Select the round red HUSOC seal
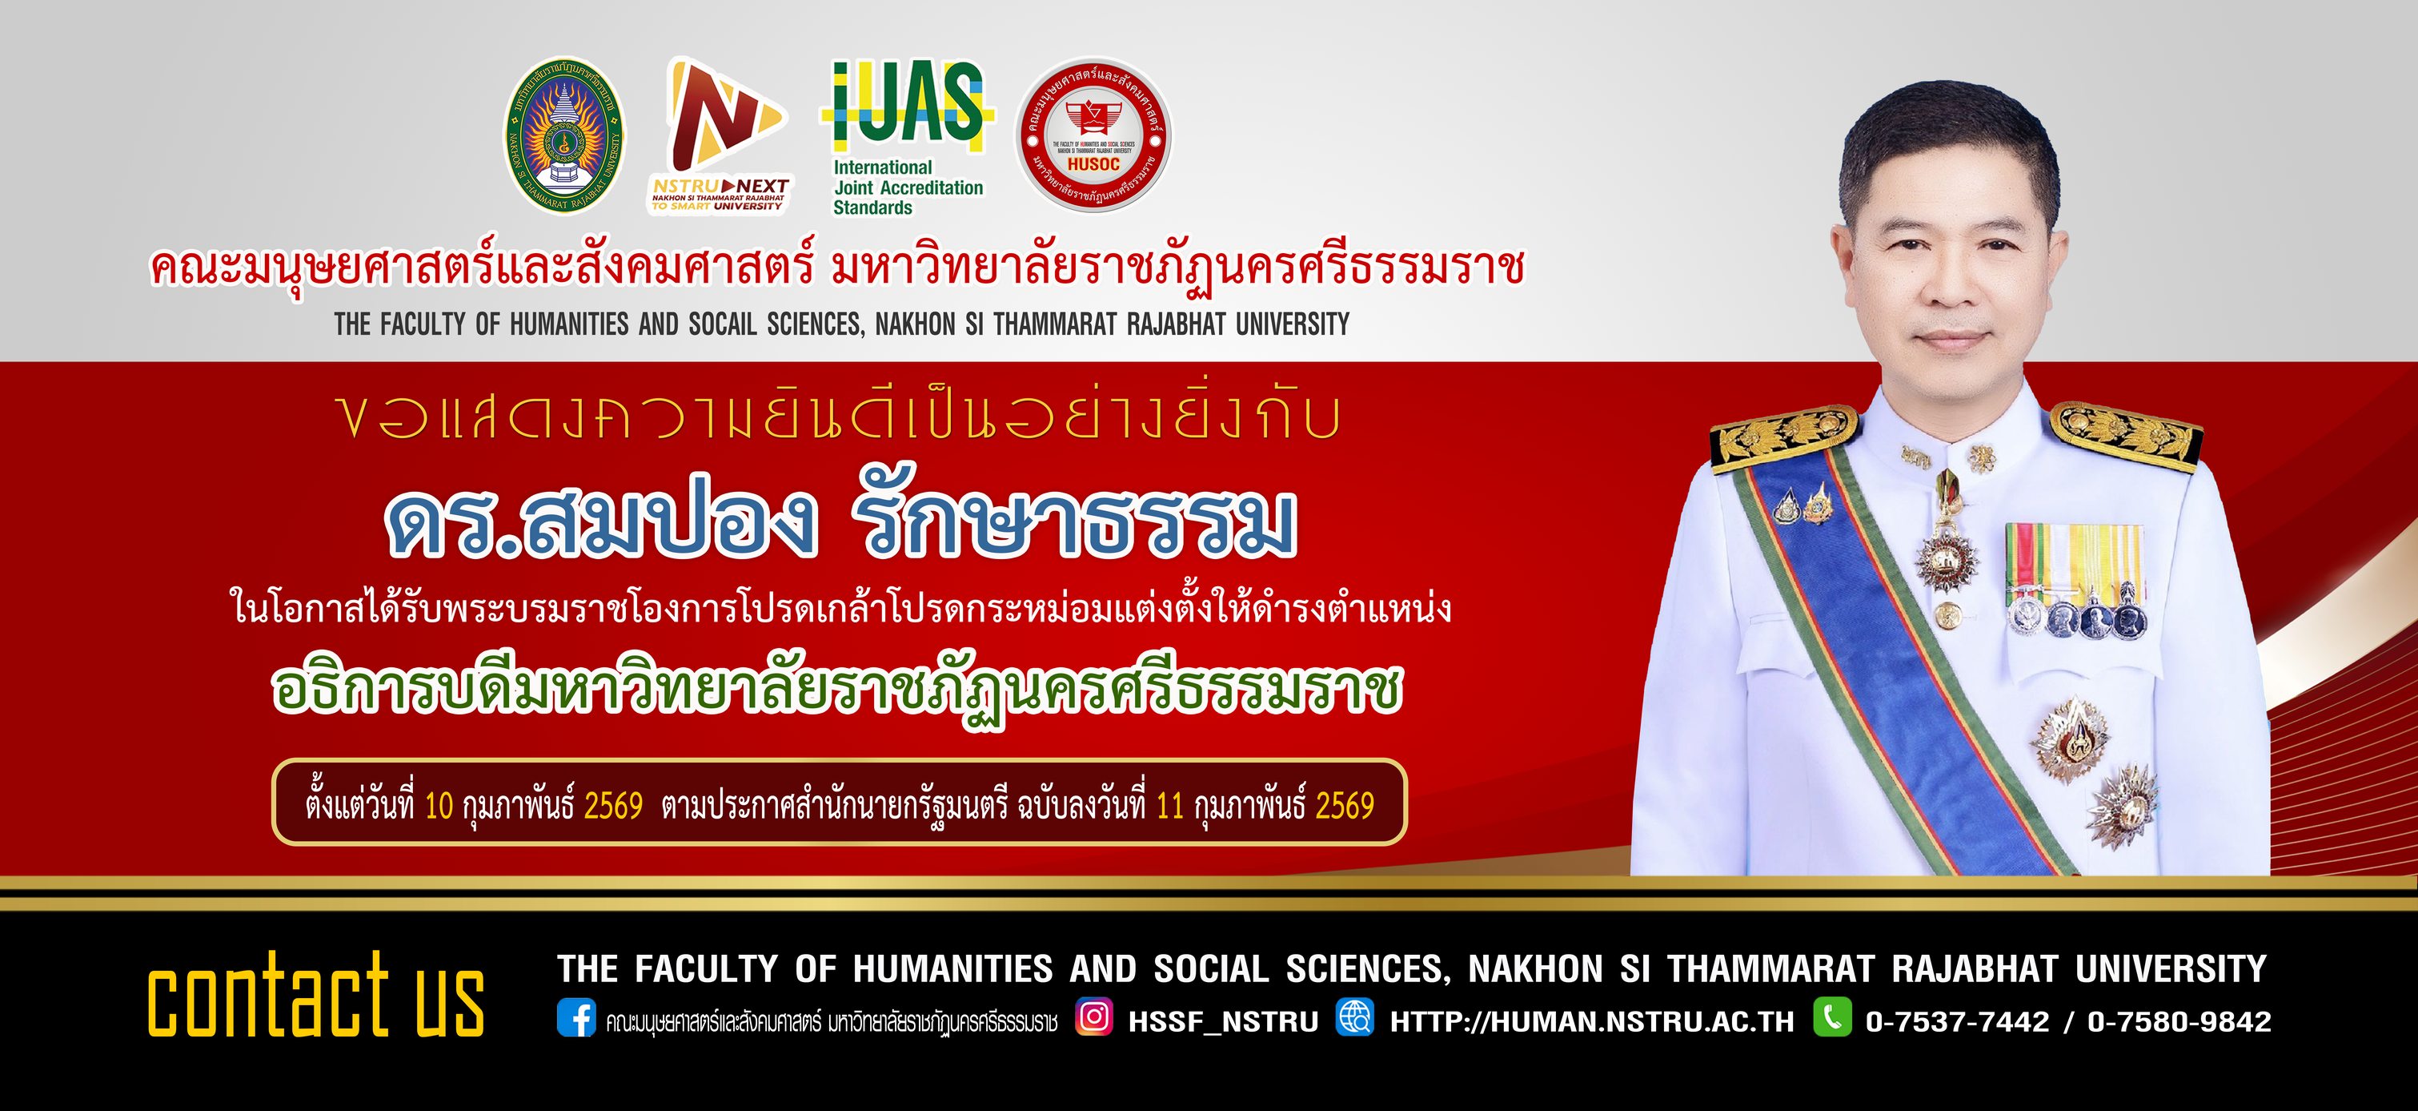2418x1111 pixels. pos(1093,136)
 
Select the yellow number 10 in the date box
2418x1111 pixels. pos(439,807)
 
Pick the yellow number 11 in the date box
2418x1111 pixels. pos(1169,807)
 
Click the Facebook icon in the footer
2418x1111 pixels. pos(575,1018)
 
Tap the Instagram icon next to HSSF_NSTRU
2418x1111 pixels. pos(1093,1017)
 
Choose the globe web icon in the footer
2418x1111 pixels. pos(1354,1017)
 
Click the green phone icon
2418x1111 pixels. pos(1832,1017)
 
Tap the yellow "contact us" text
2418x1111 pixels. pos(315,996)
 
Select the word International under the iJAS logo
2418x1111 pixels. pos(882,168)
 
